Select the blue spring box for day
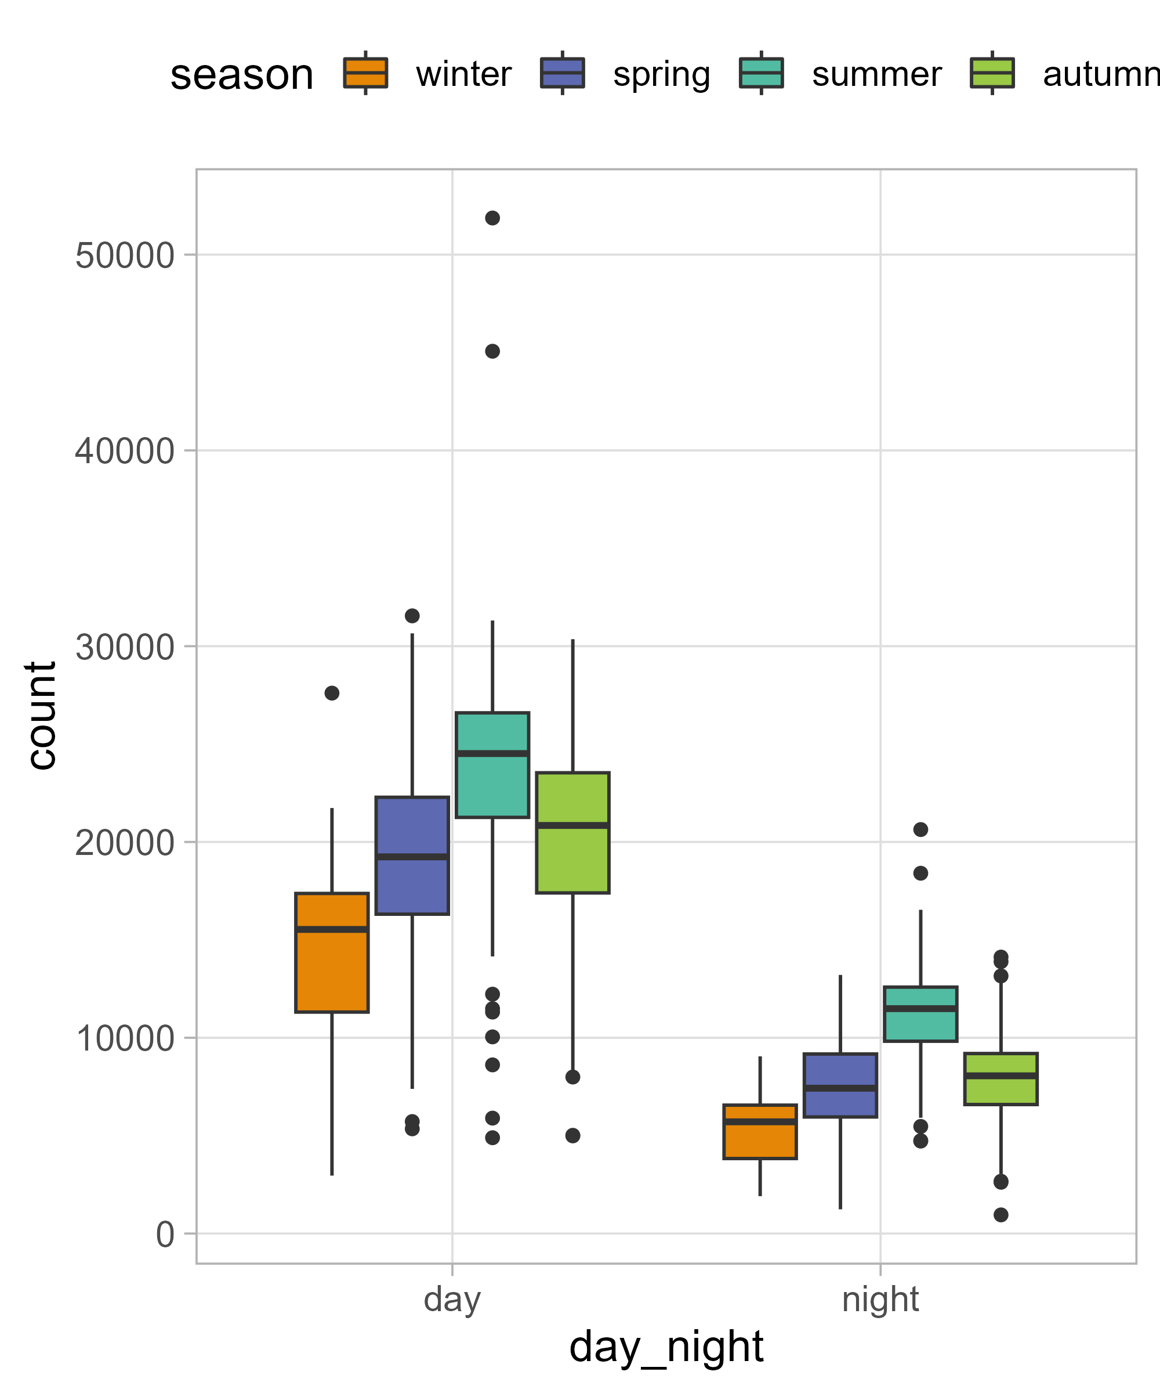click(412, 855)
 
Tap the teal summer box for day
click(492, 764)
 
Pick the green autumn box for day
click(572, 832)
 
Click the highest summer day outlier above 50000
click(492, 218)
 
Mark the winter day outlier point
click(331, 693)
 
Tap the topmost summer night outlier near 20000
click(920, 829)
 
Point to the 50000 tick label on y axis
click(124, 255)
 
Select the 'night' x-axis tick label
click(880, 1299)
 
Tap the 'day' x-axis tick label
click(452, 1299)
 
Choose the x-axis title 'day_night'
click(666, 1347)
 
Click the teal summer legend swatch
click(762, 73)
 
